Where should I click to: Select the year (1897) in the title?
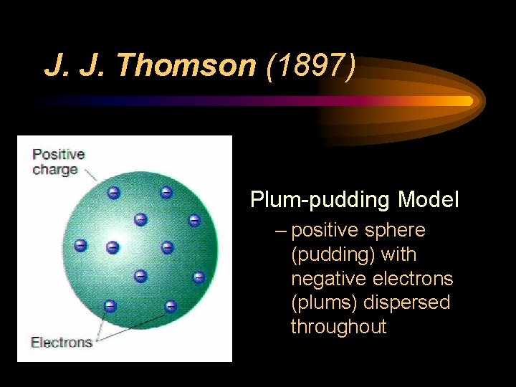click(x=310, y=66)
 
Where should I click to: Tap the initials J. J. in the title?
click(x=76, y=66)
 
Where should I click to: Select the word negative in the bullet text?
click(x=330, y=278)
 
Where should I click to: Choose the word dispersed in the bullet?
click(x=407, y=302)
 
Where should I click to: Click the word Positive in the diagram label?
click(x=58, y=153)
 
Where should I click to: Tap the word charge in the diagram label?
click(x=54, y=170)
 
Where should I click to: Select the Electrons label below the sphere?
click(x=61, y=342)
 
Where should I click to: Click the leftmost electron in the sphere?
click(x=80, y=245)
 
